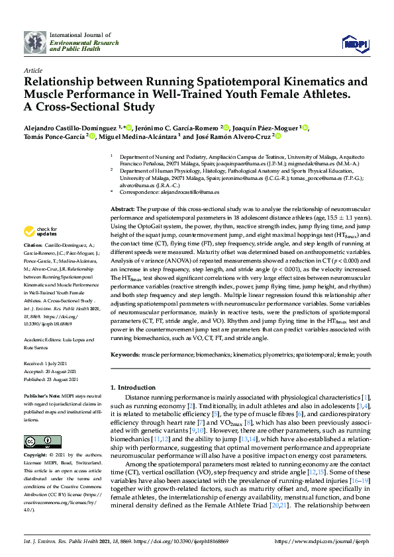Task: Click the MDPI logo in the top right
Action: (354, 43)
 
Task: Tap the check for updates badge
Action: (39, 232)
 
